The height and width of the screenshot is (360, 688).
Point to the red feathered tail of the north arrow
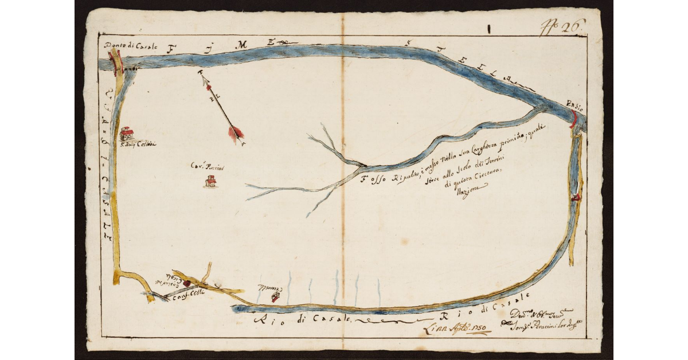[x=235, y=134]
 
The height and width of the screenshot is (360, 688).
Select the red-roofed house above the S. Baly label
[x=127, y=134]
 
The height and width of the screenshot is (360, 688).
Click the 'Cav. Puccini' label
[x=202, y=167]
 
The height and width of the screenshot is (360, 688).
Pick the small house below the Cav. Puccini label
[x=210, y=182]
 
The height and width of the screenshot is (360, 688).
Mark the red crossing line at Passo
[x=573, y=119]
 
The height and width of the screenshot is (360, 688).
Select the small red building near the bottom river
[x=276, y=296]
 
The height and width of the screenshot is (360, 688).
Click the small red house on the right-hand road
[x=576, y=197]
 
